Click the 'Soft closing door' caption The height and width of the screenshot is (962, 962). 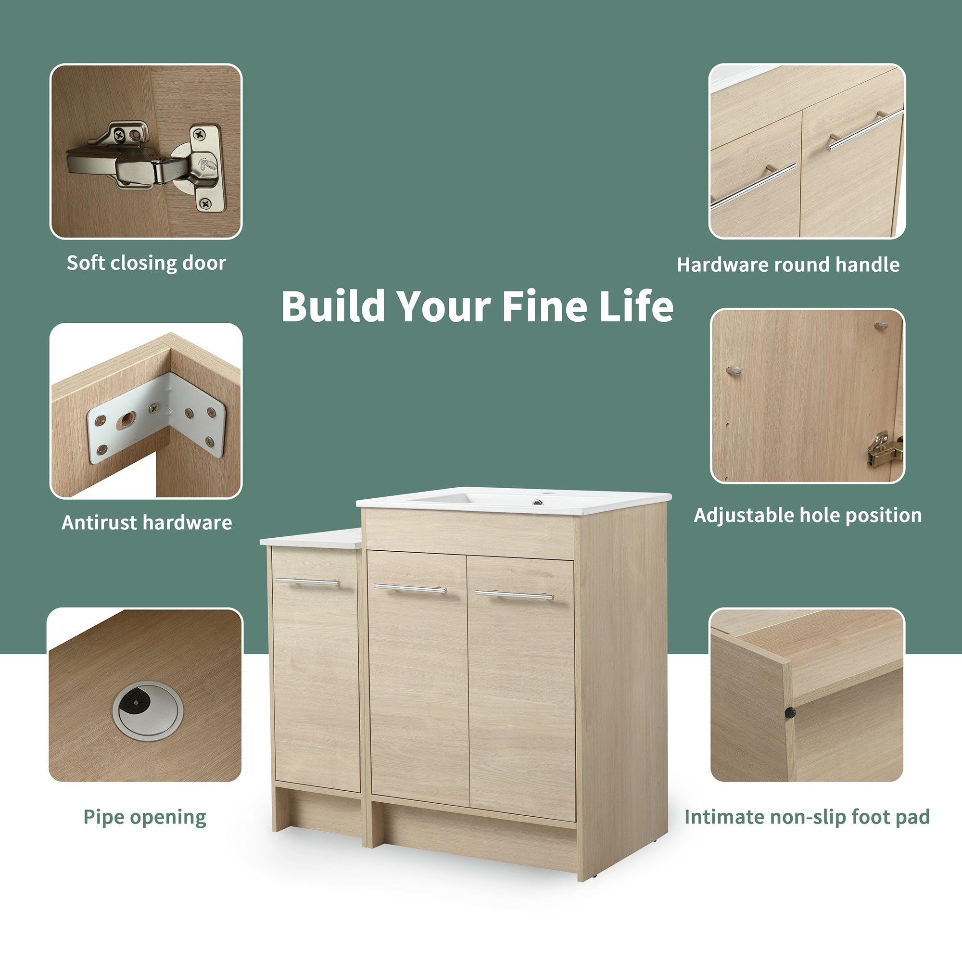146,263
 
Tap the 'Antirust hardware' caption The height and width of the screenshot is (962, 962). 146,522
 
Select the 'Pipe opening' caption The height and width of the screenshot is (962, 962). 144,817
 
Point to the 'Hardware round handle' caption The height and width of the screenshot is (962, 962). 788,265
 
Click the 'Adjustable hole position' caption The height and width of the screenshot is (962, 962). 808,515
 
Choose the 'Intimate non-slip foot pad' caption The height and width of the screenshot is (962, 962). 807,817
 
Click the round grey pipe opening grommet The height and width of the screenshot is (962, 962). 148,710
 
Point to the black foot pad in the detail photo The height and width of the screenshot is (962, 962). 790,713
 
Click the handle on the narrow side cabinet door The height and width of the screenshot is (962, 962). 307,582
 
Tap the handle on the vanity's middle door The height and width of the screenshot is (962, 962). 410,589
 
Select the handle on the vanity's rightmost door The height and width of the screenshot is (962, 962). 514,595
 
